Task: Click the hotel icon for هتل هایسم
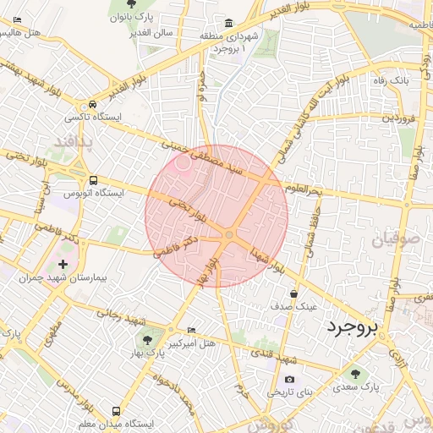(x=18, y=19)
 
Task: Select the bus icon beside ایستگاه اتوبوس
(x=93, y=180)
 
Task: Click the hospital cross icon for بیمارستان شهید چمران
(x=63, y=266)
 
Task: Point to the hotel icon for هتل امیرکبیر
(x=191, y=331)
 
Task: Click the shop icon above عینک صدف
(x=293, y=293)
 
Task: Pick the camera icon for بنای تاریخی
(x=289, y=380)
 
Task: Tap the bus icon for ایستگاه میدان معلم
(x=115, y=412)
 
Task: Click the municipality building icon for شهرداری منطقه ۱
(x=228, y=23)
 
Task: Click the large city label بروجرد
(x=354, y=326)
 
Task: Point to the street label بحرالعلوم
(x=304, y=189)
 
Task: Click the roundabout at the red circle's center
(x=229, y=234)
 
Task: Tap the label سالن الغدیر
(x=152, y=33)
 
